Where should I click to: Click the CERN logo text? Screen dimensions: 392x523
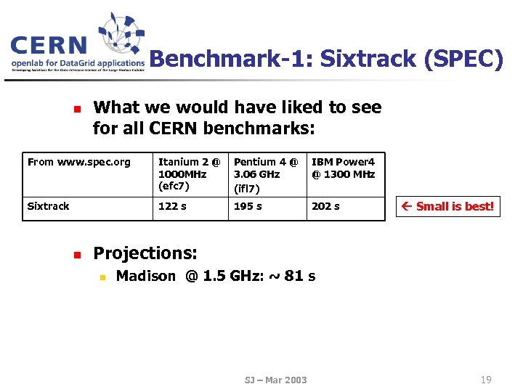coord(49,46)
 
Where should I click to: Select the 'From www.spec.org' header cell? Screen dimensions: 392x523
coord(79,162)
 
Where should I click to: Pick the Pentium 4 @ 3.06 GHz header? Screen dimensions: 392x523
coord(266,174)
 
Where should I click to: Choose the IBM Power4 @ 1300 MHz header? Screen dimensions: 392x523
coord(344,168)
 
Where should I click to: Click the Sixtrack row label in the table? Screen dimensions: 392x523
coord(48,206)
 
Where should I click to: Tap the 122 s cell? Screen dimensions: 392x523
coord(172,206)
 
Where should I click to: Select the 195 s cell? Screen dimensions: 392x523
coord(248,206)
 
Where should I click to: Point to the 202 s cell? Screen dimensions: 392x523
coord(325,206)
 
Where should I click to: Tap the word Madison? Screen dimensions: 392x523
coord(146,276)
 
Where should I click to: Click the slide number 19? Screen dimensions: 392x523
coord(486,379)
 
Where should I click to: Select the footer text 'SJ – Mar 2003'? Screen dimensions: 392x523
coord(275,380)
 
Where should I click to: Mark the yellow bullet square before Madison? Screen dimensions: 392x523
coord(103,277)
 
